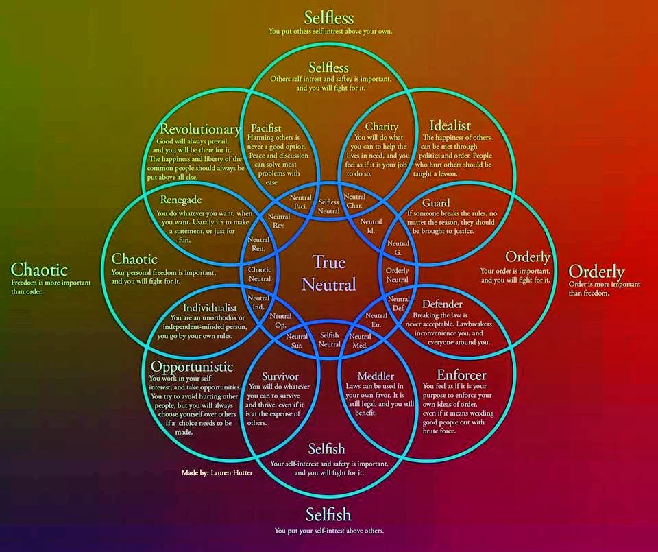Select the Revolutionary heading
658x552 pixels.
199,130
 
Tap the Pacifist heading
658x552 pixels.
266,128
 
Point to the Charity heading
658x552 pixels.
381,127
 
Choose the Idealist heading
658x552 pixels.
450,125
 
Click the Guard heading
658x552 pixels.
436,203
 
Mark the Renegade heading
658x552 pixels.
181,200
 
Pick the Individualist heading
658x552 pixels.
210,308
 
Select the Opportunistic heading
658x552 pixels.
192,367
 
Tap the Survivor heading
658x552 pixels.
280,376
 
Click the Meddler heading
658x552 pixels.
376,376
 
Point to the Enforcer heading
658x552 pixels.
461,375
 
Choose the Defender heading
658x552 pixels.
442,304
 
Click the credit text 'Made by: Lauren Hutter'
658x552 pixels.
217,472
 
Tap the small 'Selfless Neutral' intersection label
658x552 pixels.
329,206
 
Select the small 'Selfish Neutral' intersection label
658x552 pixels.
330,339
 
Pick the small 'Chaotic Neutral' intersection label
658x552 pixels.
260,274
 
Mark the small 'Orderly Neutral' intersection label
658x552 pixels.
398,274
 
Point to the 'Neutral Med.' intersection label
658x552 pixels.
361,341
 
